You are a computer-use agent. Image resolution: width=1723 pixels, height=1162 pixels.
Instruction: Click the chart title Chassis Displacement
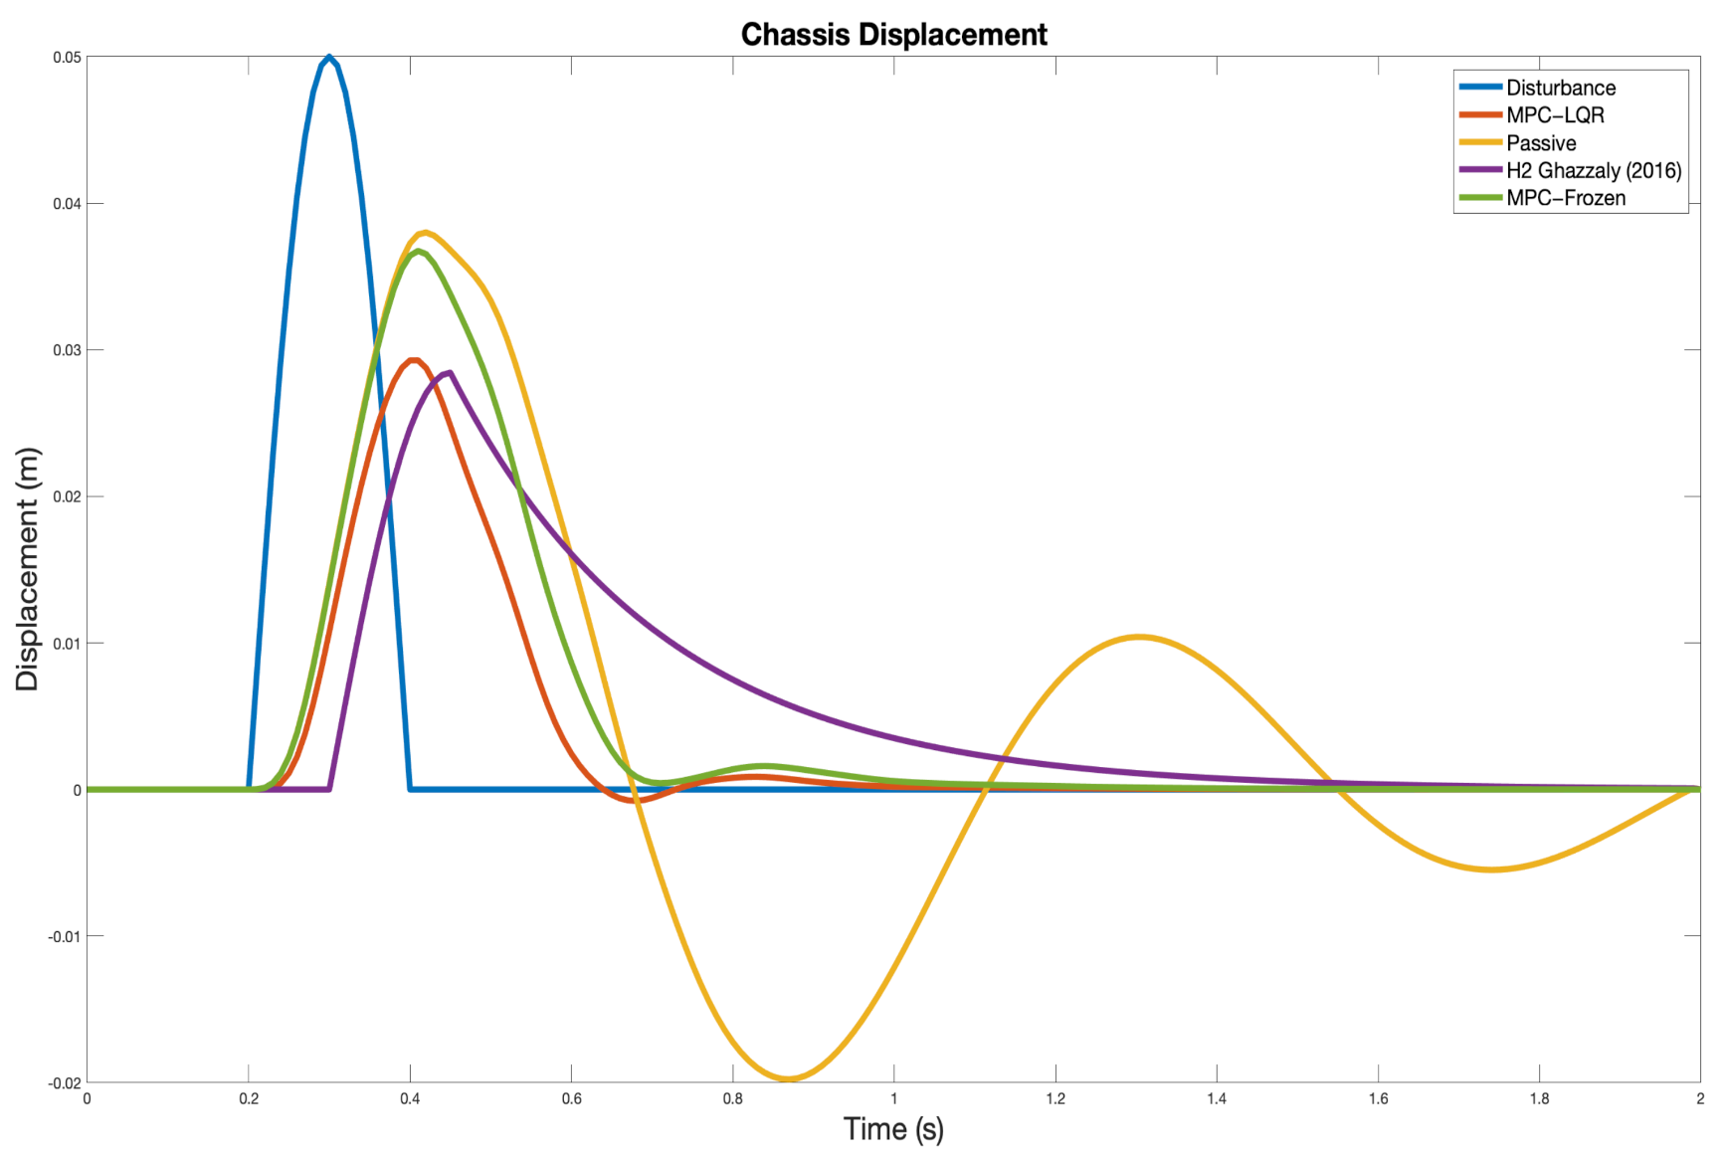(x=893, y=35)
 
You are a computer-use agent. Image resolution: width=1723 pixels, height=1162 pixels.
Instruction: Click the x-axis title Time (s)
(x=893, y=1129)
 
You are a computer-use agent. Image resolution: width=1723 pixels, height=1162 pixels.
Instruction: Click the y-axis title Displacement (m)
(x=27, y=569)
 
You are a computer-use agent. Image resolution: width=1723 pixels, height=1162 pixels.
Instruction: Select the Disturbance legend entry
(x=1560, y=88)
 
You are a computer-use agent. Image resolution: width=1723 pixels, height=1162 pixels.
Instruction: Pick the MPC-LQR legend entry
(x=1555, y=115)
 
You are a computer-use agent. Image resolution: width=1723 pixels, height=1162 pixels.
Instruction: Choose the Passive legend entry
(x=1541, y=143)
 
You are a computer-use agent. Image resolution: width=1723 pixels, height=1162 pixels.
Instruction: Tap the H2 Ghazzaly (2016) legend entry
(x=1593, y=170)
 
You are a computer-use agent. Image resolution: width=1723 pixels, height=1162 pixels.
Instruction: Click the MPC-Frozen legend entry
(x=1566, y=198)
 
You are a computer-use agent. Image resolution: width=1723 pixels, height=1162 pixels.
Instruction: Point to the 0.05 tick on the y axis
(x=67, y=58)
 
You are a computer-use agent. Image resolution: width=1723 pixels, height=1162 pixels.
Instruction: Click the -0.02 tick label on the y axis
(x=65, y=1083)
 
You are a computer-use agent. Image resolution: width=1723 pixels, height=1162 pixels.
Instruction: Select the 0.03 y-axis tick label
(x=67, y=350)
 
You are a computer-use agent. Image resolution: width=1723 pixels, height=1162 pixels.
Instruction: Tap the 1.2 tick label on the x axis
(x=1054, y=1099)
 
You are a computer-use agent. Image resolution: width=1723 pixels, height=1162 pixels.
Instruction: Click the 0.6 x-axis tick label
(x=571, y=1099)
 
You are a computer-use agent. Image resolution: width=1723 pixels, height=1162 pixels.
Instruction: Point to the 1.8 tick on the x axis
(x=1539, y=1099)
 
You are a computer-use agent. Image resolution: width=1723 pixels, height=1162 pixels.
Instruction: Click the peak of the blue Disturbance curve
(x=329, y=58)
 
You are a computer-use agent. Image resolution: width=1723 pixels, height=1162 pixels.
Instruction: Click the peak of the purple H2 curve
(x=451, y=373)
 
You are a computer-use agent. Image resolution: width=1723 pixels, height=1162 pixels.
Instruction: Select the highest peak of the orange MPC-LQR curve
(x=413, y=360)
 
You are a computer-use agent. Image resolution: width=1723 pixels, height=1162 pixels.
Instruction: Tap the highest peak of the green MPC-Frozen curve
(x=419, y=251)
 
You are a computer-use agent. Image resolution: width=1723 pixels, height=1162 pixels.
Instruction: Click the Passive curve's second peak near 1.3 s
(x=1139, y=637)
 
